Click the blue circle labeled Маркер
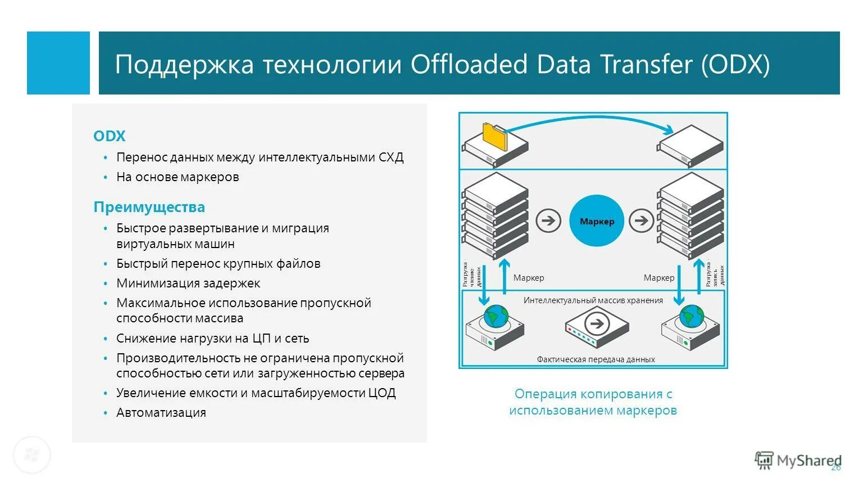[x=597, y=221]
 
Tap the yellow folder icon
[x=494, y=136]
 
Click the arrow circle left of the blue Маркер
[x=548, y=220]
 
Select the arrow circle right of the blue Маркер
[x=641, y=220]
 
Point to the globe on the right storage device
[x=691, y=316]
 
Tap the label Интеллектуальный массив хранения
[x=593, y=300]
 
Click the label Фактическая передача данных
[x=596, y=359]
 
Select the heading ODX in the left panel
[x=109, y=136]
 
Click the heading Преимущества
[x=149, y=207]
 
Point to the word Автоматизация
[x=161, y=412]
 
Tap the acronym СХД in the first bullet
[x=391, y=157]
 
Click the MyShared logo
[x=798, y=461]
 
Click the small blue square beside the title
[x=58, y=63]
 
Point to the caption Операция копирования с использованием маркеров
[x=593, y=402]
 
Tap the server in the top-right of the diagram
[x=691, y=145]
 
